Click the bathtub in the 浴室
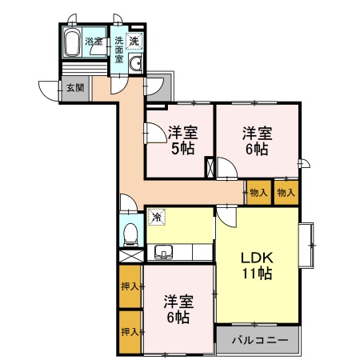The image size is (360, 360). pos(71,44)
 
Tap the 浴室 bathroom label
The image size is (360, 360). pos(94,41)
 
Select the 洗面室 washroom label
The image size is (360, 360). pos(118,49)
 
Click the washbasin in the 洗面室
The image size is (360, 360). pos(136,65)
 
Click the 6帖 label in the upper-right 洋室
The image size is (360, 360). pos(257,149)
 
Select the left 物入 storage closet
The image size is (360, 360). pos(258,192)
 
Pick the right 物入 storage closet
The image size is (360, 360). pos(286,192)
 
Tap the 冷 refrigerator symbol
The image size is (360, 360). pos(156,216)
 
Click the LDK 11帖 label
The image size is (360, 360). pos(258,266)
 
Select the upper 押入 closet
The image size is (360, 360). pos(130,286)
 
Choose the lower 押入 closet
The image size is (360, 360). pos(130,331)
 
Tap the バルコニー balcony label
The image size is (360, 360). pos(257,340)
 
